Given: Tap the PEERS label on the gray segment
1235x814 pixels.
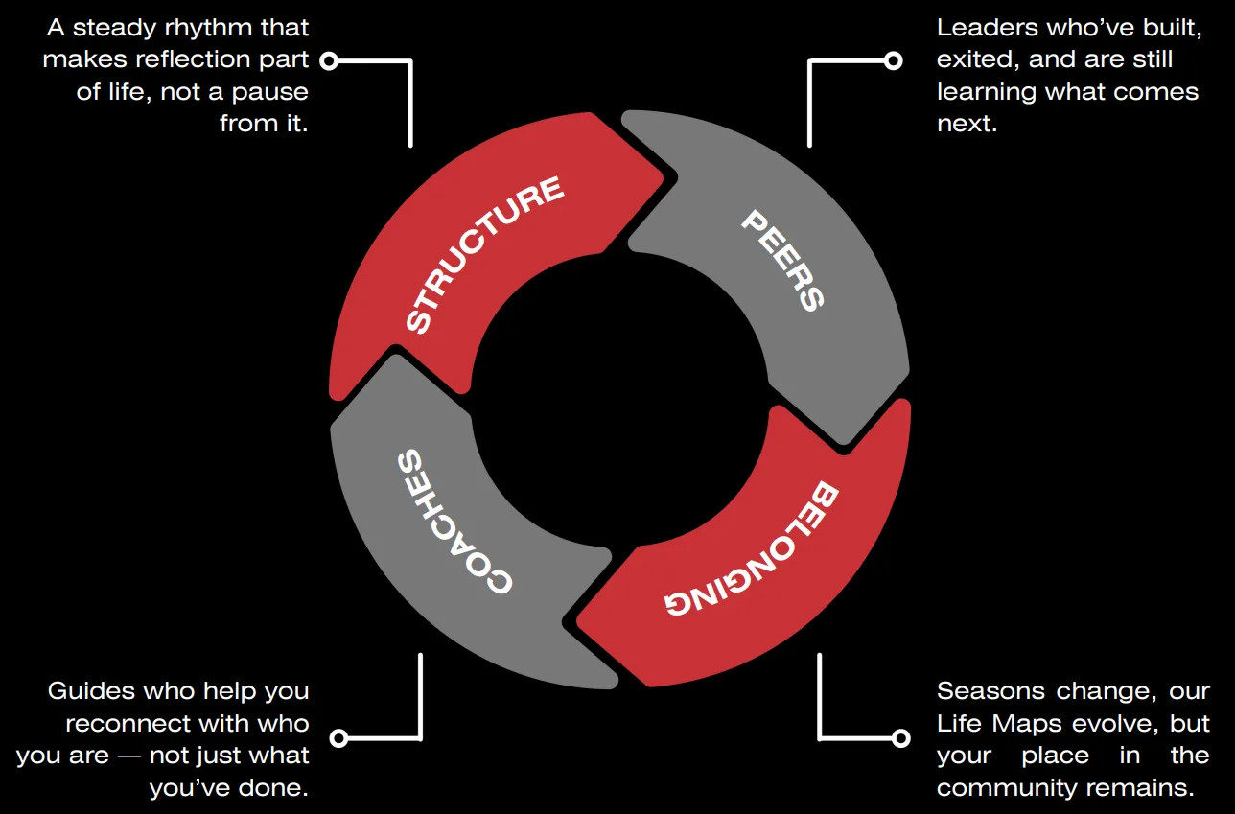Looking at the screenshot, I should coord(782,260).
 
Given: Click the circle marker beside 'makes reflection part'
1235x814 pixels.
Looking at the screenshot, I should coord(329,61).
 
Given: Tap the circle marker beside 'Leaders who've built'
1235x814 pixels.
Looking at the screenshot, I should coord(893,61).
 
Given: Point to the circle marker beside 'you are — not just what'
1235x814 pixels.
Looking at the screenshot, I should coord(338,738).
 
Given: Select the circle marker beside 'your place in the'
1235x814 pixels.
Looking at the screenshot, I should coord(900,738).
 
